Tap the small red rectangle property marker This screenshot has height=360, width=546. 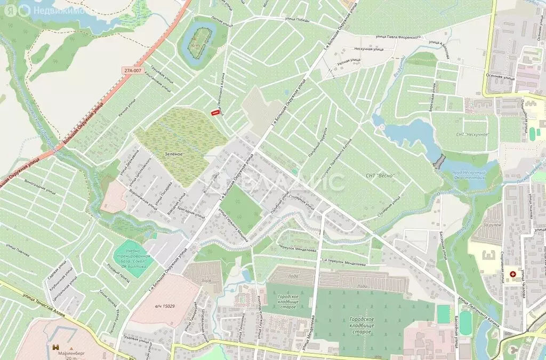[215, 113]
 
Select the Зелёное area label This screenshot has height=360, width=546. [174, 154]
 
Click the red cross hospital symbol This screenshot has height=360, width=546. [513, 274]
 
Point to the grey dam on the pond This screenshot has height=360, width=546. [439, 161]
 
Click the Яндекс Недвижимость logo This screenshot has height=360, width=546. [32, 10]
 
